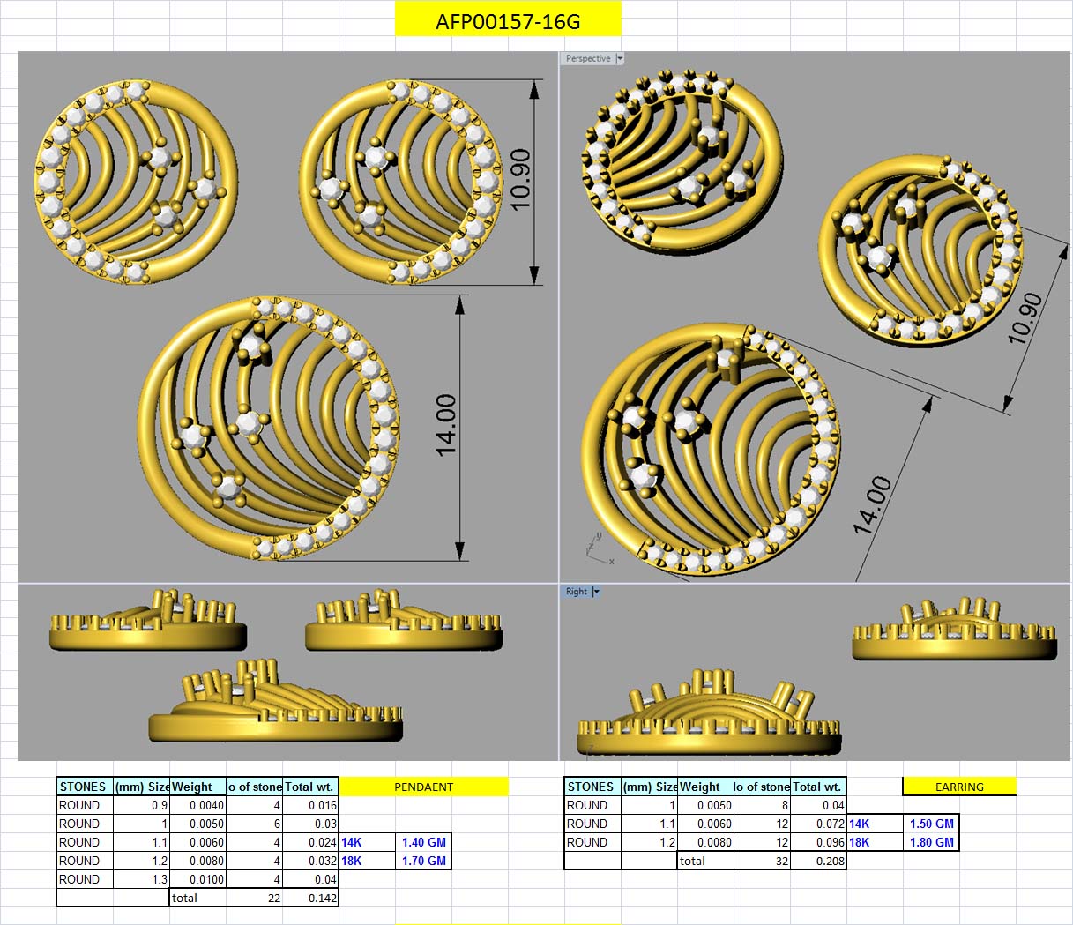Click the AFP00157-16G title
tap(508, 21)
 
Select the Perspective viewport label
tap(587, 59)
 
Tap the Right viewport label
tap(576, 592)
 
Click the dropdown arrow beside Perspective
tap(620, 59)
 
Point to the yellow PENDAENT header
tap(423, 787)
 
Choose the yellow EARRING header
tap(959, 787)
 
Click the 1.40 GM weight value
tap(423, 842)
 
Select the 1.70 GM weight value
tap(423, 861)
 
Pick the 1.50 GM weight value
tap(931, 824)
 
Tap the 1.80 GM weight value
tap(931, 842)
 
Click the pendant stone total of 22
tap(273, 898)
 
